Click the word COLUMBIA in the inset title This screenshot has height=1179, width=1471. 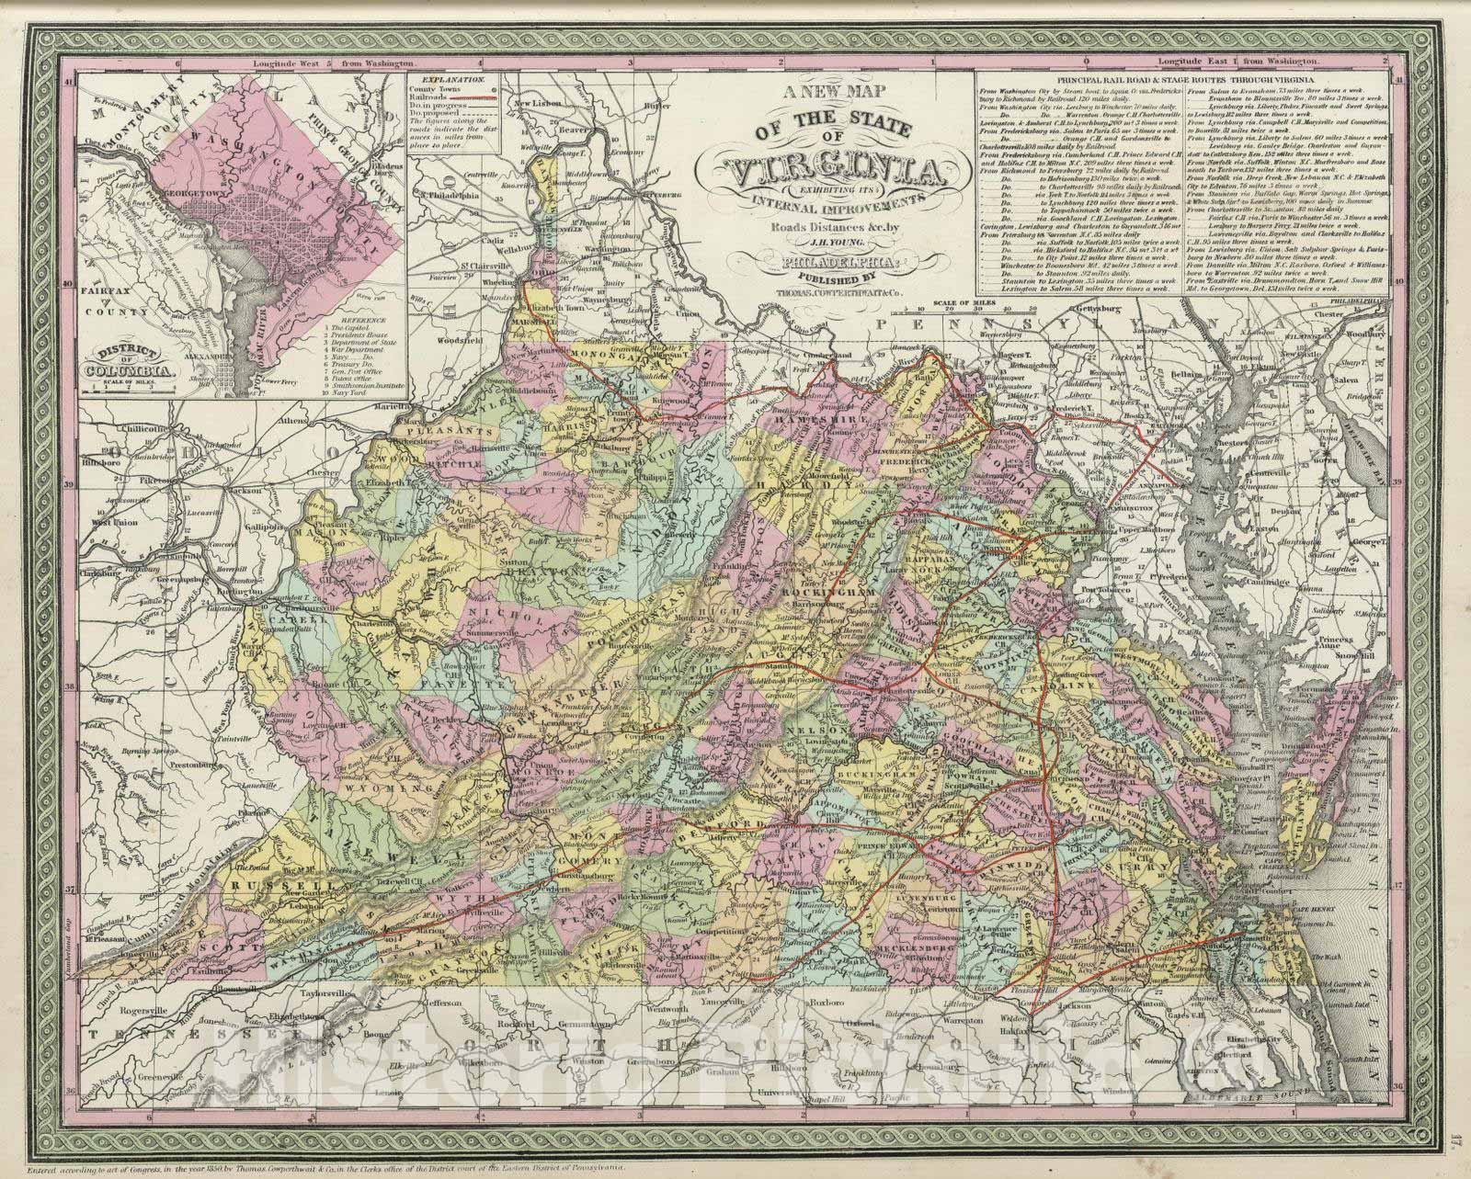tap(127, 371)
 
